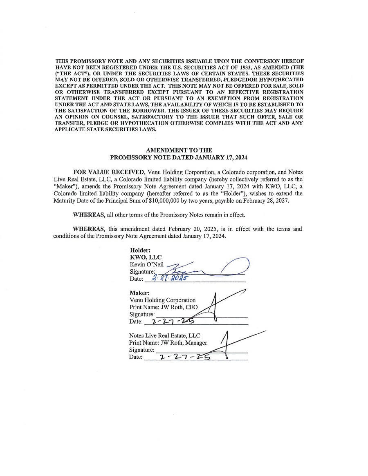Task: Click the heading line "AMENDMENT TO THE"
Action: pyautogui.click(x=179, y=150)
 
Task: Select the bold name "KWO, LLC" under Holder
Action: pyautogui.click(x=145, y=257)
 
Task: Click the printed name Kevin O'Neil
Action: pyautogui.click(x=146, y=264)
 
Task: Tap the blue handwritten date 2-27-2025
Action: pyautogui.click(x=169, y=279)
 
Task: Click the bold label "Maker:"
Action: pyautogui.click(x=139, y=293)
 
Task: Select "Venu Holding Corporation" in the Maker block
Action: pyautogui.click(x=162, y=300)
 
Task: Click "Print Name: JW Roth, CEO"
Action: pyautogui.click(x=163, y=307)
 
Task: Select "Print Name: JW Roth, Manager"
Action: pyautogui.click(x=168, y=343)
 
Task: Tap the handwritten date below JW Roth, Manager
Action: pyautogui.click(x=185, y=357)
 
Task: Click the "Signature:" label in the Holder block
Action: pyautogui.click(x=142, y=272)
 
